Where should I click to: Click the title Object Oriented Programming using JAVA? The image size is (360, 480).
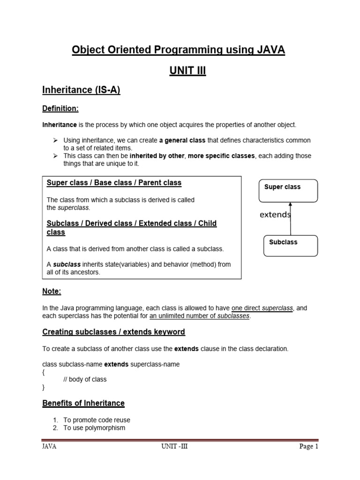click(178, 50)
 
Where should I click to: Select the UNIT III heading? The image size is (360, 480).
click(187, 71)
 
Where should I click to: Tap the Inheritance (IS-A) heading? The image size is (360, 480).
click(81, 90)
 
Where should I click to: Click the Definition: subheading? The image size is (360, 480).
click(60, 109)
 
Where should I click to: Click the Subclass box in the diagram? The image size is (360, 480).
click(291, 245)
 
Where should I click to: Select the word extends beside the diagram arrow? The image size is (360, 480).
click(275, 215)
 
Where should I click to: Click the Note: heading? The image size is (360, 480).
click(52, 291)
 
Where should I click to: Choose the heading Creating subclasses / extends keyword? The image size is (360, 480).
click(113, 332)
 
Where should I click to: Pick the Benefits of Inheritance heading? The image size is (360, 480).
click(83, 403)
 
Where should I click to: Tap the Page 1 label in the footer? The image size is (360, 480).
click(309, 446)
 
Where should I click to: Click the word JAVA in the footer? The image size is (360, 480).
click(49, 446)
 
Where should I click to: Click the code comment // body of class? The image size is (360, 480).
click(85, 379)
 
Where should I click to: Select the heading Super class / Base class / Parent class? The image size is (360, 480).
click(114, 182)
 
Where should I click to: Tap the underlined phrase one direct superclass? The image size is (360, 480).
click(262, 308)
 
